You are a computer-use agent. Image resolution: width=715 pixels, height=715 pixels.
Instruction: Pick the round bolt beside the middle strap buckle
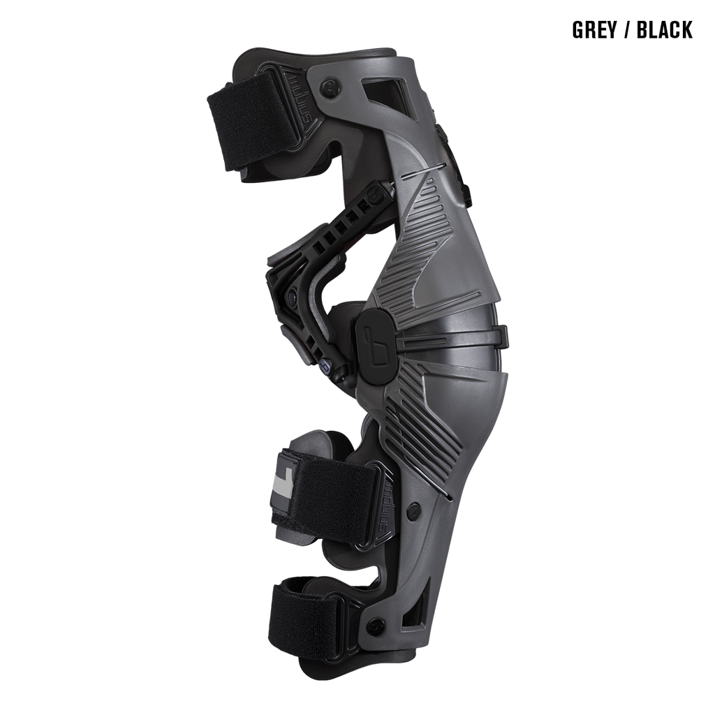[x=416, y=509]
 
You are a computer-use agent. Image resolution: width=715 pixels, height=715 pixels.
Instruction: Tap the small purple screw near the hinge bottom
[x=325, y=365]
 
